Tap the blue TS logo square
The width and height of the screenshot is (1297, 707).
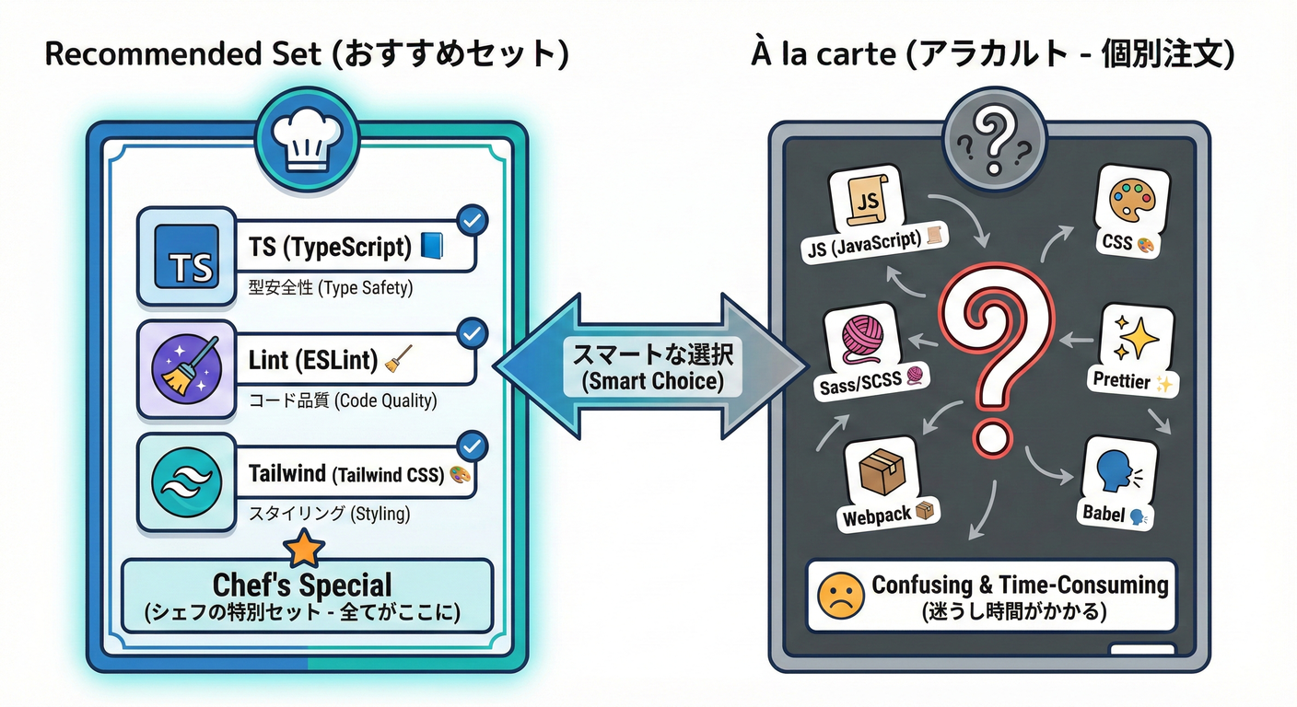185,257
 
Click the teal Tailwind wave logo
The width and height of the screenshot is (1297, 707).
185,482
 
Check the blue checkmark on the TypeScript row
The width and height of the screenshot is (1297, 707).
473,220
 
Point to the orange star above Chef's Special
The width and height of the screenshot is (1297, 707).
303,550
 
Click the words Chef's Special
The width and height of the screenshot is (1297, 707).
302,585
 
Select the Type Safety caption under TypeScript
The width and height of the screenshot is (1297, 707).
330,288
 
